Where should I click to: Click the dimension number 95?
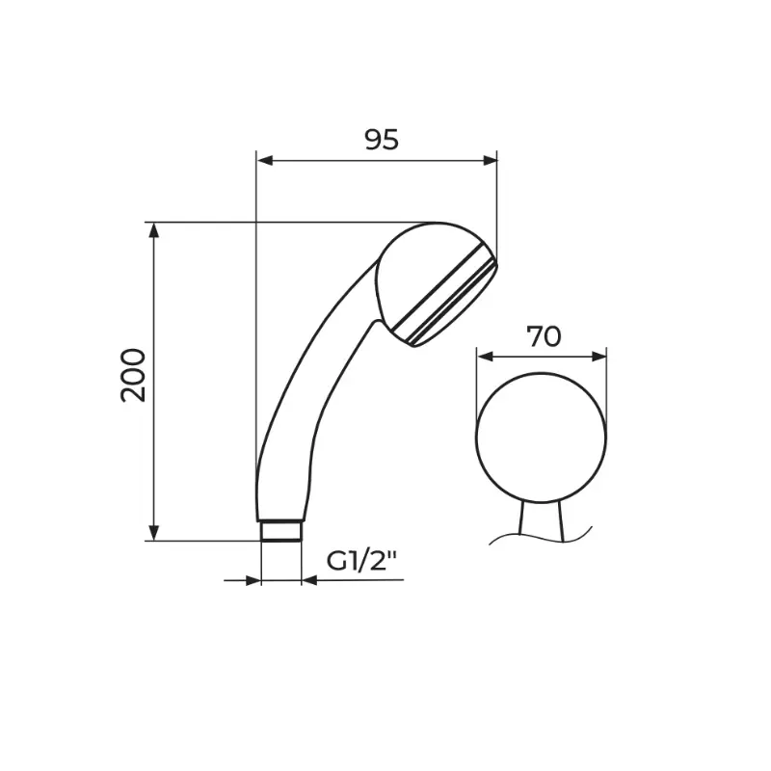tap(382, 140)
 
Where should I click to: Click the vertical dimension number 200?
tap(134, 375)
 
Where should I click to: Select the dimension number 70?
tap(544, 336)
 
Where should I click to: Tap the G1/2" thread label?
tap(361, 562)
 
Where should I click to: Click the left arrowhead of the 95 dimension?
tap(265, 160)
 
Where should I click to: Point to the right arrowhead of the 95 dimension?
tap(490, 160)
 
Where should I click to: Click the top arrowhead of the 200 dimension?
tap(154, 230)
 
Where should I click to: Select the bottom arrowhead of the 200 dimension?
tap(154, 533)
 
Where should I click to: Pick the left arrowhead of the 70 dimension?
tap(485, 357)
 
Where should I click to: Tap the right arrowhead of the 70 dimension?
tap(598, 357)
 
